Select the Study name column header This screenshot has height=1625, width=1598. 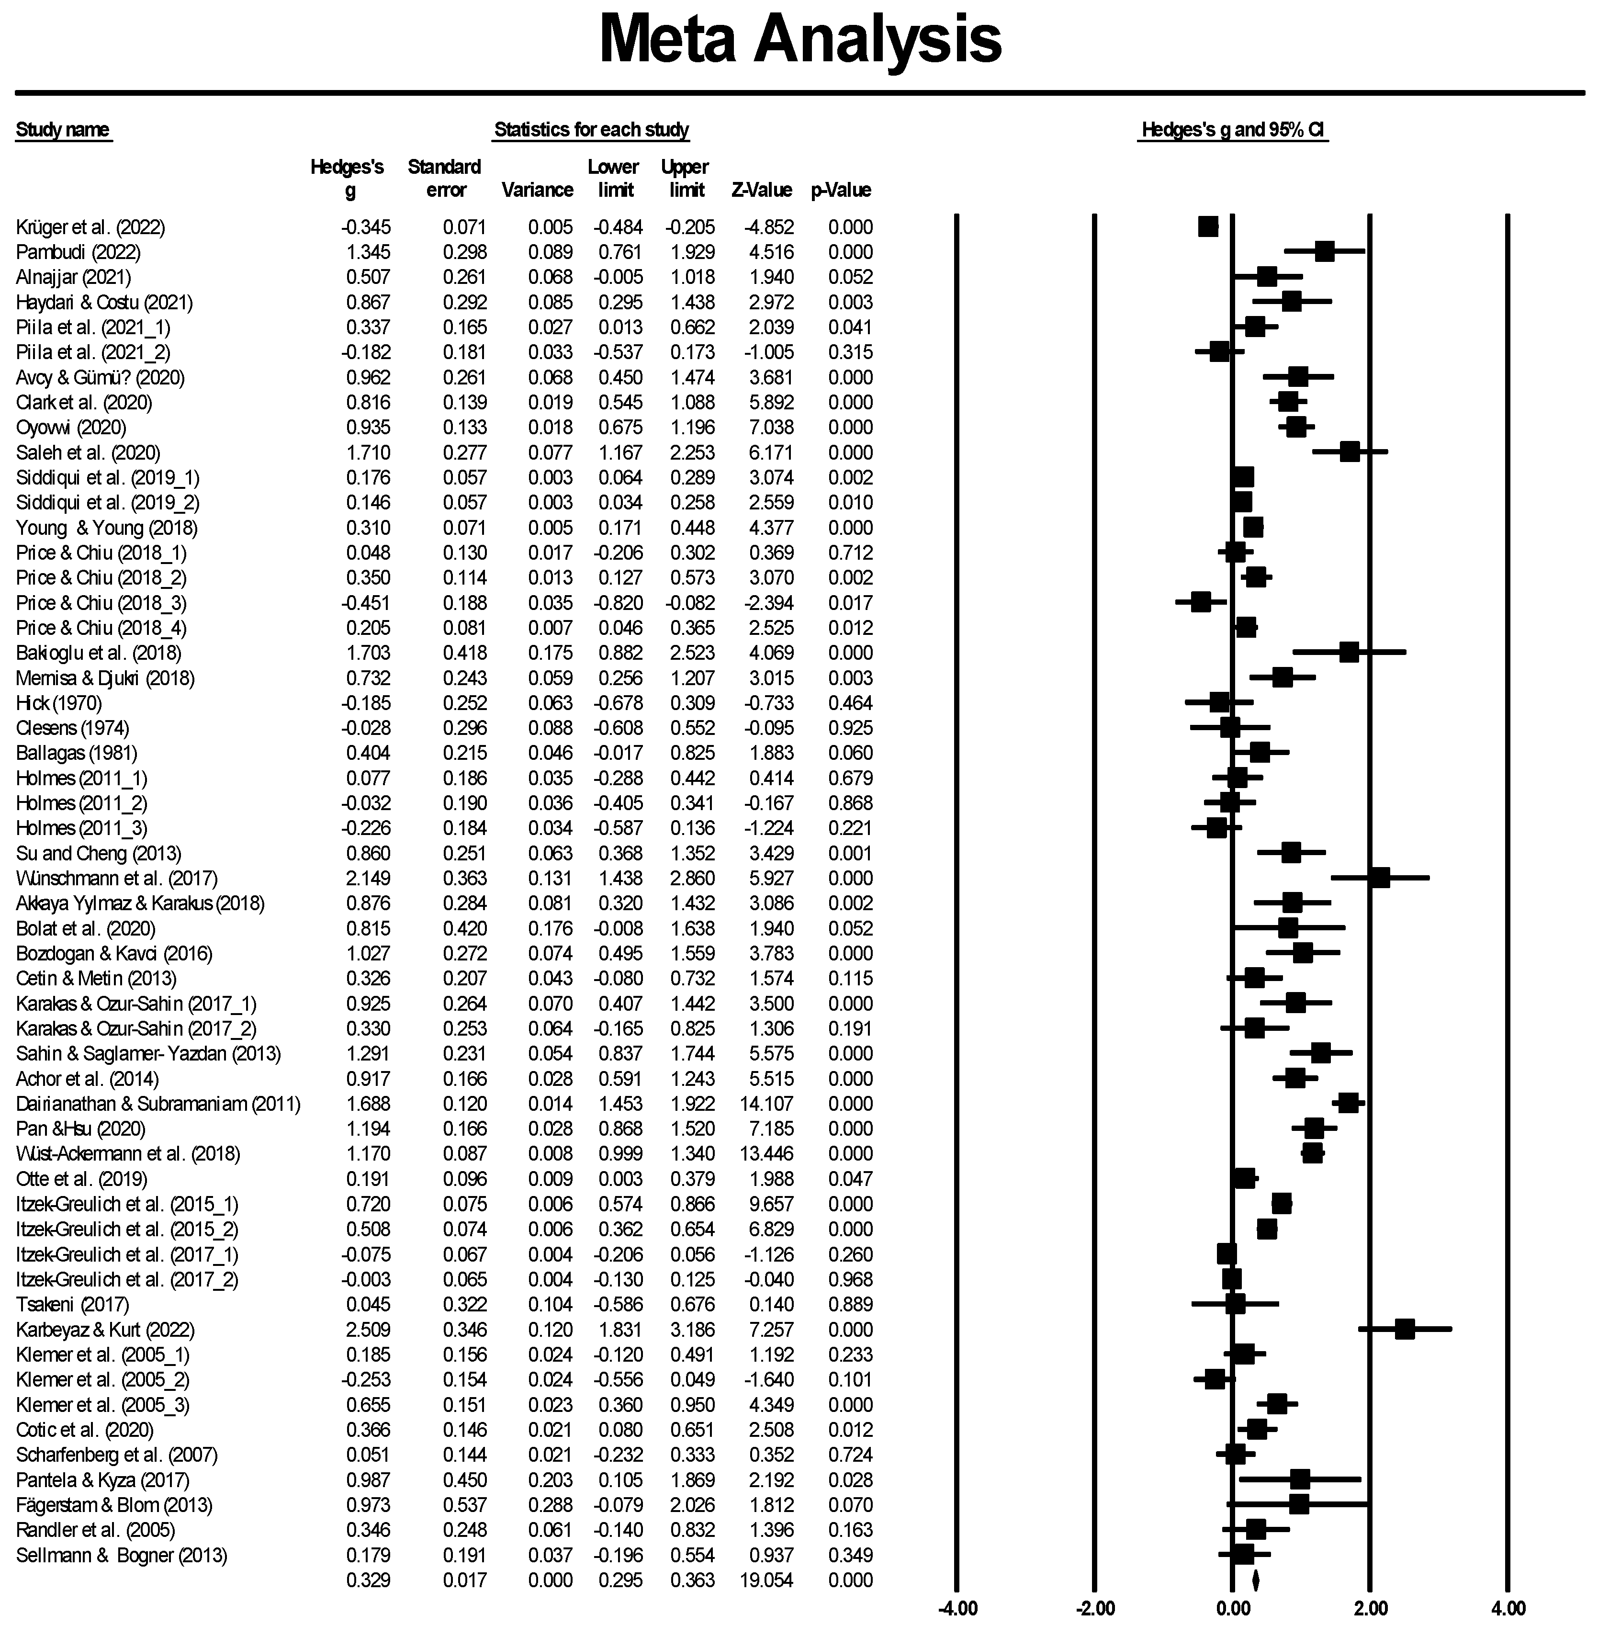coord(63,130)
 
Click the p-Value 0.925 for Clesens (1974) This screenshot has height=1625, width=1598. coord(850,728)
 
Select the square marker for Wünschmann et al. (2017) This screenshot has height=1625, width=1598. coord(1379,878)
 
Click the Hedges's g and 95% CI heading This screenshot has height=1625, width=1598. coord(1233,131)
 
